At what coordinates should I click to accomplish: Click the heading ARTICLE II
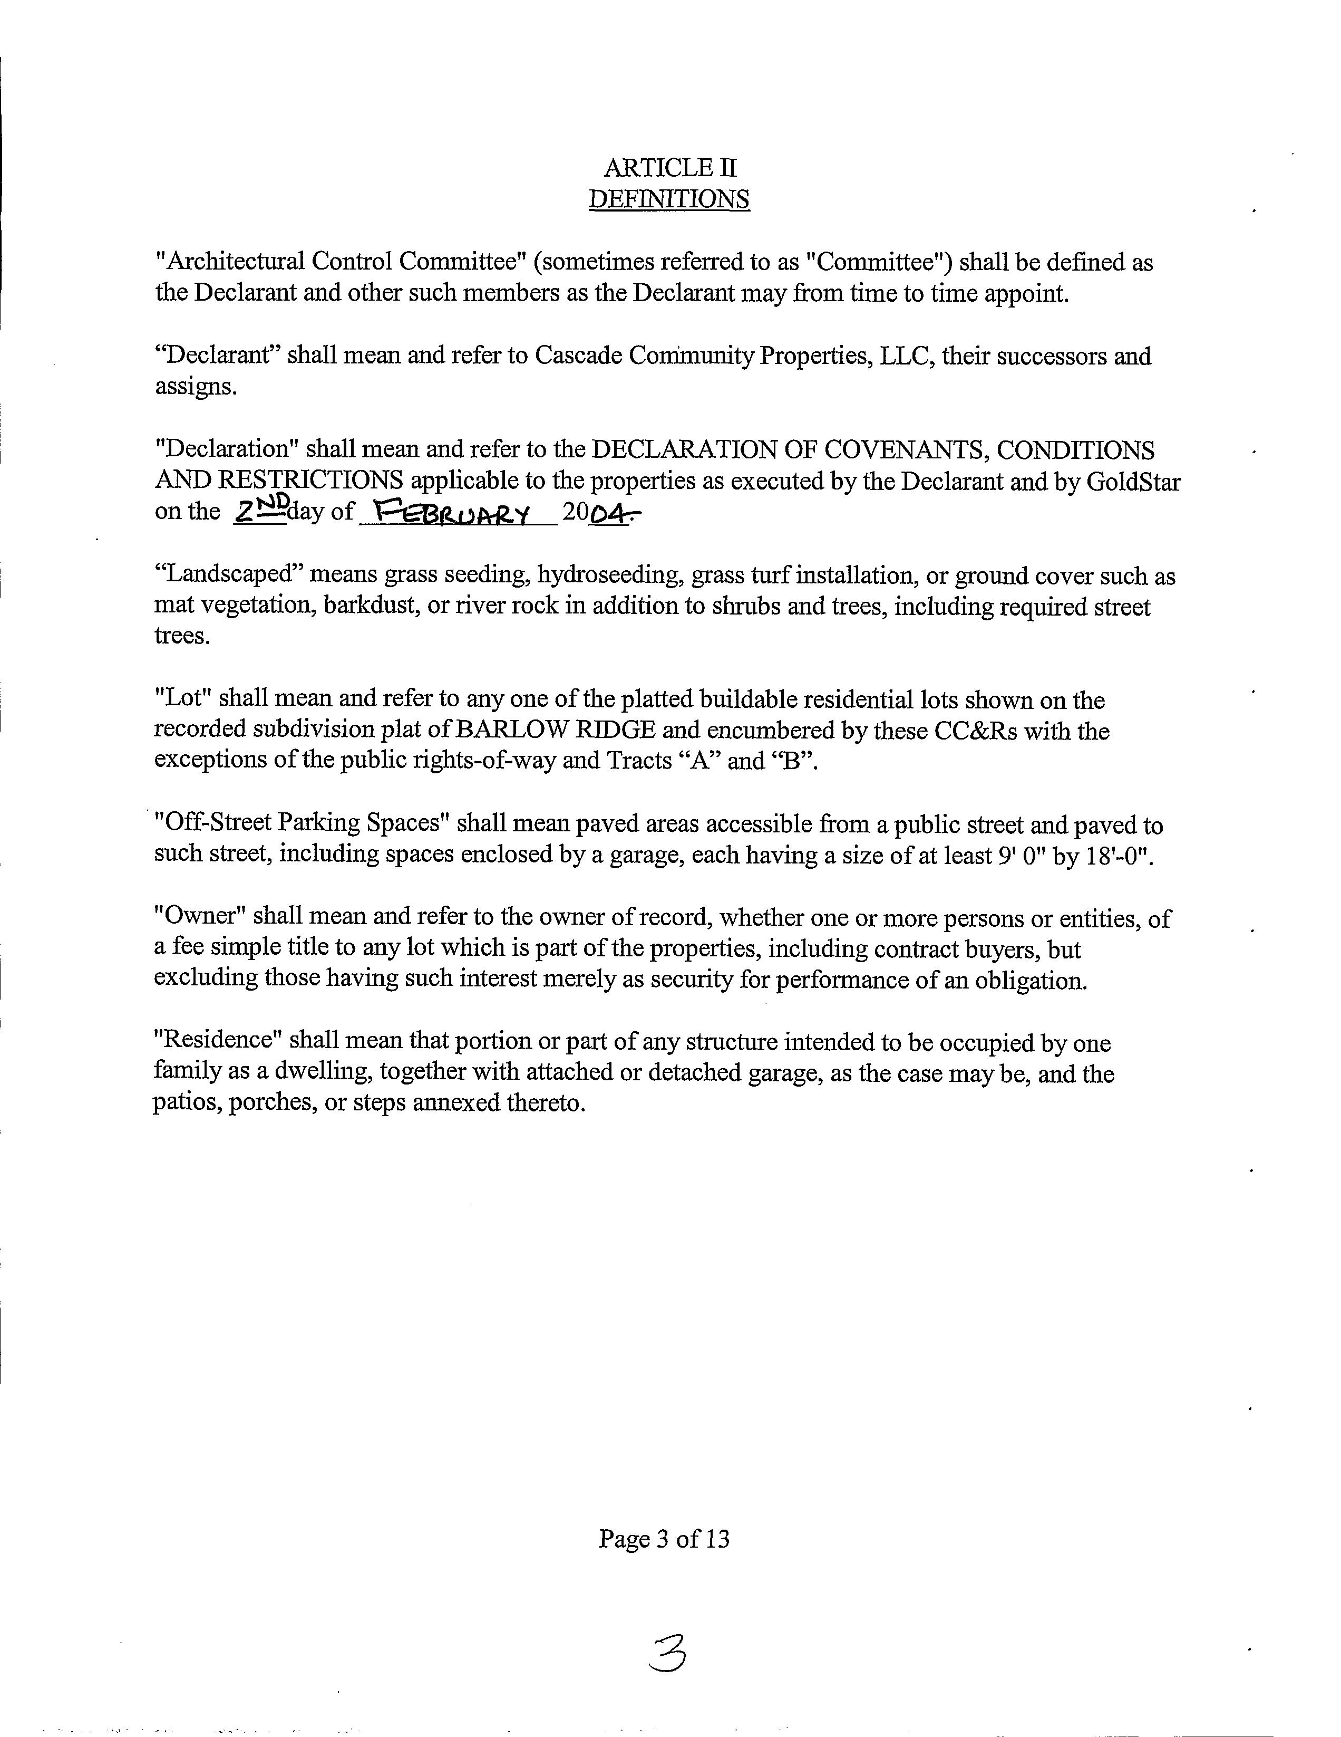coord(669,168)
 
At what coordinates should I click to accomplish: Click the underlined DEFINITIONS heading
coord(668,199)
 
